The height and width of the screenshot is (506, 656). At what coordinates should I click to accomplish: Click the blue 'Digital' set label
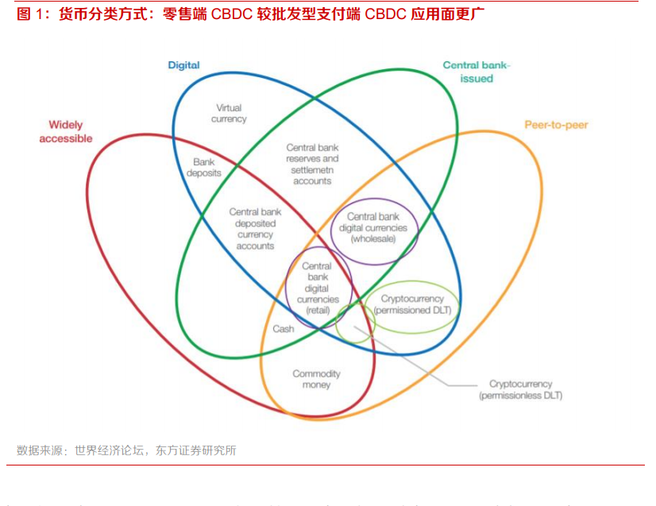coord(183,65)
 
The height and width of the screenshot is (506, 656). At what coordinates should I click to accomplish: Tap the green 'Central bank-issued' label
coord(477,71)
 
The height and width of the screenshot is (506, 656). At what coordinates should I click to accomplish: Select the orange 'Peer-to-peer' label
coord(556,125)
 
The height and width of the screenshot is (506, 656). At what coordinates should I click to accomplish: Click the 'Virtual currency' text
coord(229,113)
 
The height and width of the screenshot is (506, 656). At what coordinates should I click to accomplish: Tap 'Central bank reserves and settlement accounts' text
coord(312,164)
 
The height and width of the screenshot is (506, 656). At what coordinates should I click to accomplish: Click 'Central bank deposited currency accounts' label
coord(255,229)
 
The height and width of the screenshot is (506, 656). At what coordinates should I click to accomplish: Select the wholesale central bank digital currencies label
coord(373,227)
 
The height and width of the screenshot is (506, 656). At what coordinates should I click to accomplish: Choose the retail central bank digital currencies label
coord(318,288)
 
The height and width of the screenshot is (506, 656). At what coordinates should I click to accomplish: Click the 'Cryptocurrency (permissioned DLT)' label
coord(412,304)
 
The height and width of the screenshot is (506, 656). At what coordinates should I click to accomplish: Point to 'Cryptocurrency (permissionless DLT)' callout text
coord(520,389)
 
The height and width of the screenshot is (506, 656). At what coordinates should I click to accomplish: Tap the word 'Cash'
coord(284,329)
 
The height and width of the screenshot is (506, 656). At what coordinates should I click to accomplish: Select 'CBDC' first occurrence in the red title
coord(231,14)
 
